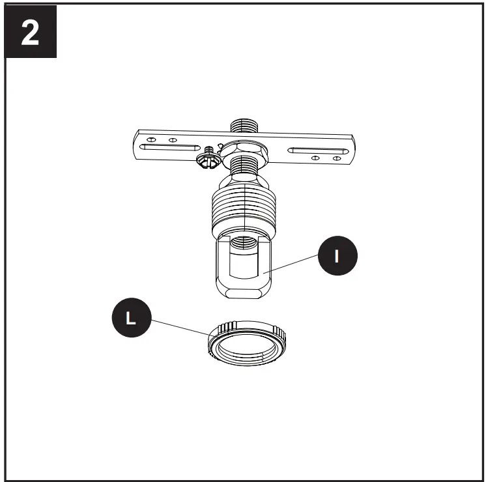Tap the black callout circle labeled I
pyautogui.click(x=336, y=256)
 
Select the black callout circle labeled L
pyautogui.click(x=130, y=319)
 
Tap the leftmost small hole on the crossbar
pyautogui.click(x=151, y=139)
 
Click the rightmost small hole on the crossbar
pyautogui.click(x=337, y=158)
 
